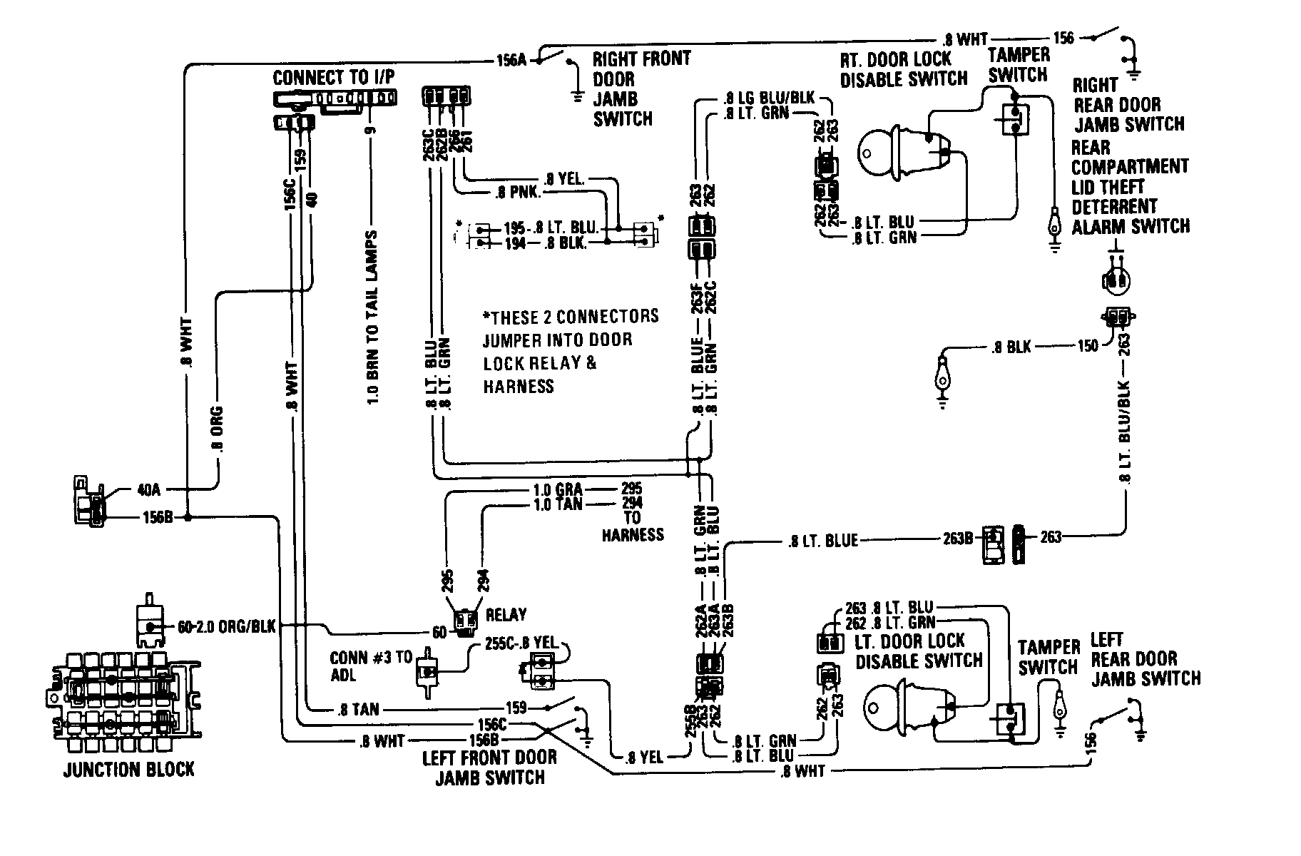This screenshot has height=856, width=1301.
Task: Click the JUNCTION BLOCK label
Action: click(x=128, y=770)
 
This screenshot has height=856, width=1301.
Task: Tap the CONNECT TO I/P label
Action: click(x=333, y=77)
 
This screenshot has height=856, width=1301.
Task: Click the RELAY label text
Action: click(x=506, y=614)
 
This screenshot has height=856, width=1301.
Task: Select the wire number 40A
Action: click(x=150, y=490)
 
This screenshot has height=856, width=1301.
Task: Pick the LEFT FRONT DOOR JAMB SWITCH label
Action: click(x=490, y=767)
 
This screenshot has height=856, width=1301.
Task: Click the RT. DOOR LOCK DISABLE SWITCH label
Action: click(x=904, y=68)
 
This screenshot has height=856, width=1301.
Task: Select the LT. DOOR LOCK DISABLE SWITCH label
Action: click(x=919, y=651)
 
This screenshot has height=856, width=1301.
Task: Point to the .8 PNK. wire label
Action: click(x=519, y=193)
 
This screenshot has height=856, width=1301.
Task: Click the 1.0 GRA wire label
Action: click(x=558, y=489)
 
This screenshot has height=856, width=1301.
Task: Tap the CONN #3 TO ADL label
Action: click(x=370, y=666)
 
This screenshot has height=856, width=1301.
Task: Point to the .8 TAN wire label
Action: click(x=357, y=709)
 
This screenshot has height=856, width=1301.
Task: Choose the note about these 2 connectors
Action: click(x=570, y=350)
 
